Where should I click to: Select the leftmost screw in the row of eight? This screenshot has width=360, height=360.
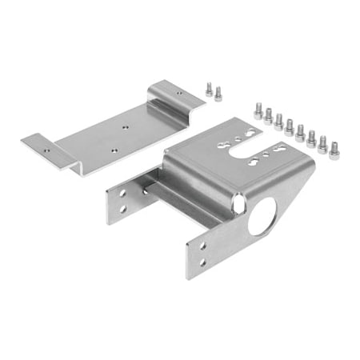point(258,110)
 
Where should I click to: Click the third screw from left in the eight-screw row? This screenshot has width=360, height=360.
point(279,122)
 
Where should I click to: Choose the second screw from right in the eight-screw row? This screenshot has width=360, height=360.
point(322,143)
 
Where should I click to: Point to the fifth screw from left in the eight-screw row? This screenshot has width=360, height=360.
point(300,132)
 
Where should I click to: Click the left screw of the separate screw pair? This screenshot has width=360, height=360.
point(209,90)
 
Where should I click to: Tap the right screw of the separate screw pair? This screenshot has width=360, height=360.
point(218,94)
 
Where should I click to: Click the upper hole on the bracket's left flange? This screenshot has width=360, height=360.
point(122,194)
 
